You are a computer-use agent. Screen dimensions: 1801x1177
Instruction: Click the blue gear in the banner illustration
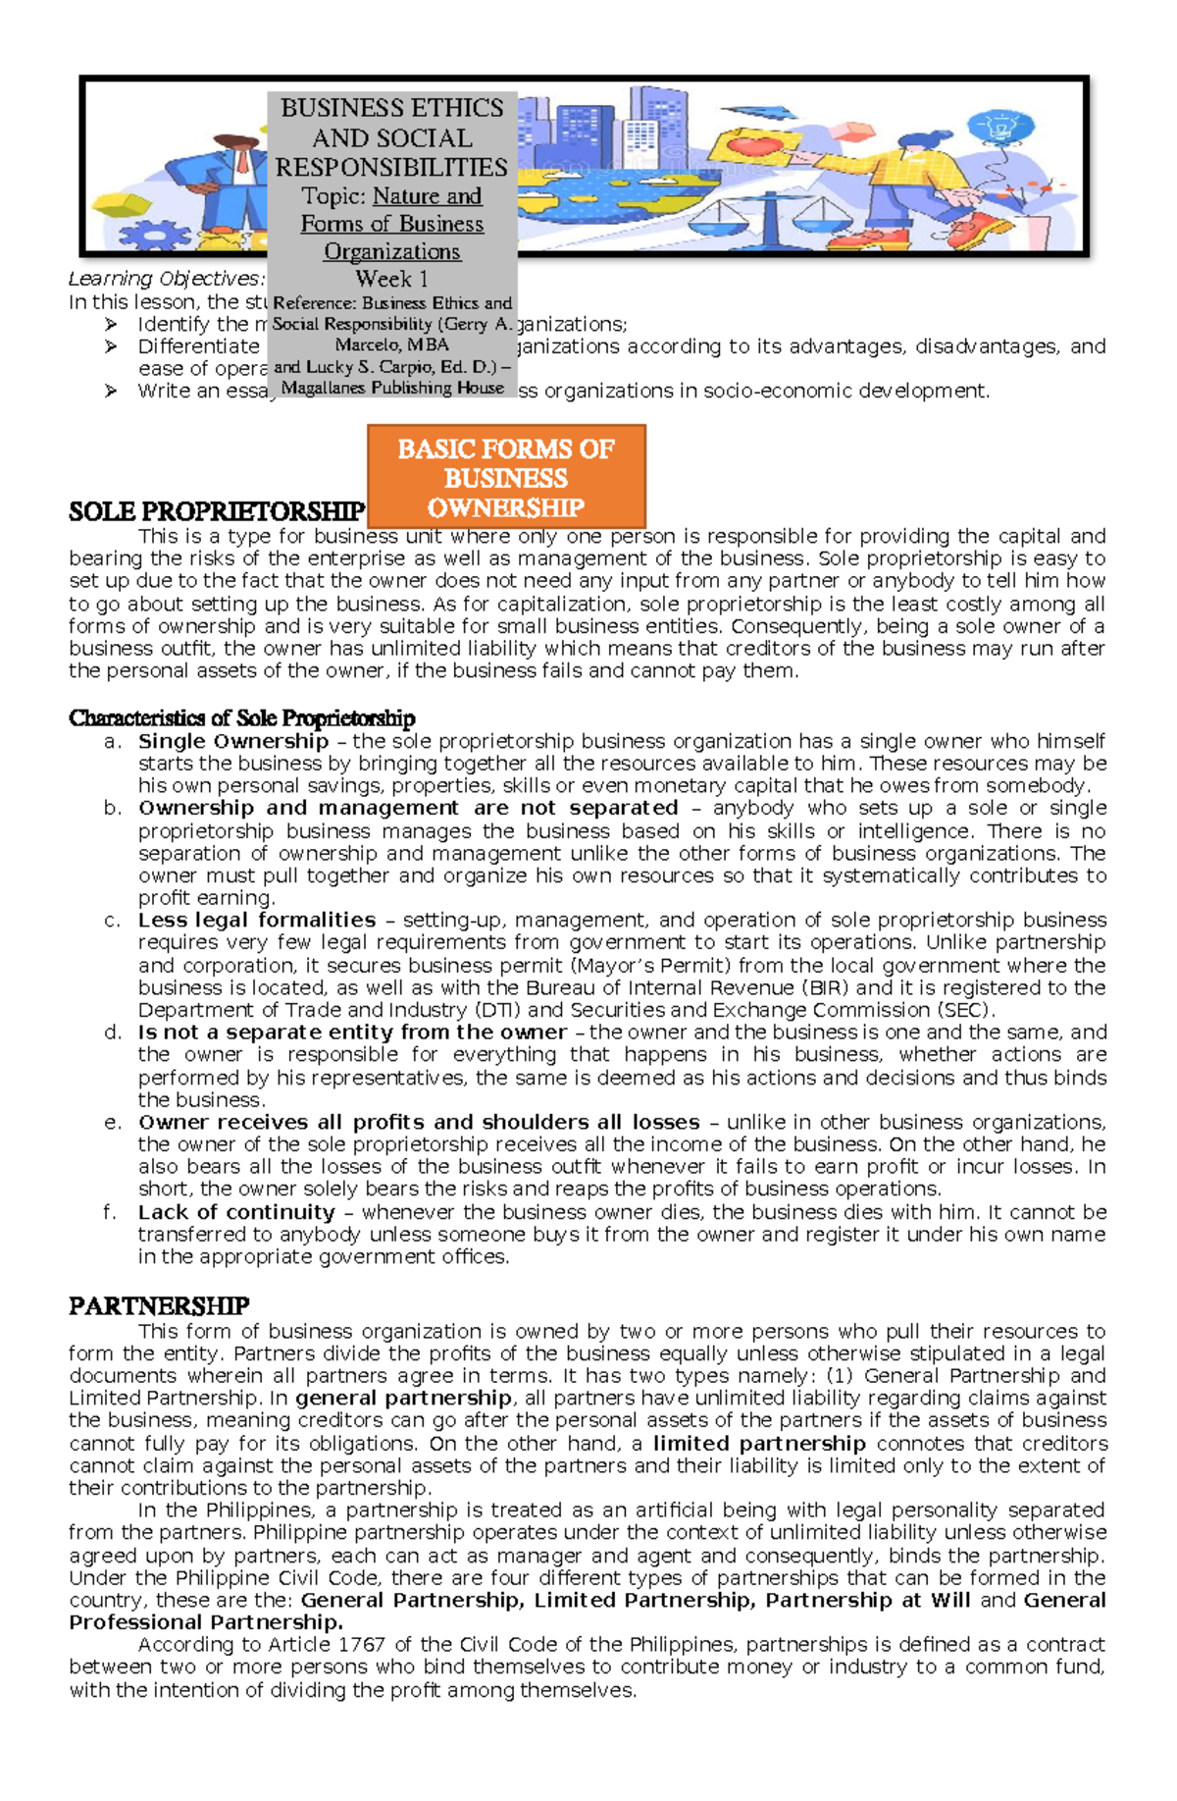point(152,237)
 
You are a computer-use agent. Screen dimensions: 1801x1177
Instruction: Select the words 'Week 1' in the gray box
point(391,279)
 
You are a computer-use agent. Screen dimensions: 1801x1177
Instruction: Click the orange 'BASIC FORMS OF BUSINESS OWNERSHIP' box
point(505,477)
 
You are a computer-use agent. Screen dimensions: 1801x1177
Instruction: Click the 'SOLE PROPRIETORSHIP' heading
point(217,511)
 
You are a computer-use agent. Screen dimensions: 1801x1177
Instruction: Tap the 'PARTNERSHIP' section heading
point(159,1305)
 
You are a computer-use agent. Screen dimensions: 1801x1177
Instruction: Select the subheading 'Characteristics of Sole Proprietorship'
point(242,718)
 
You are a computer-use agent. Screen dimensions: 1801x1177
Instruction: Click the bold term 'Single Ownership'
point(232,741)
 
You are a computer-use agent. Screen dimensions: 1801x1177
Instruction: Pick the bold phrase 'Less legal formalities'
point(257,920)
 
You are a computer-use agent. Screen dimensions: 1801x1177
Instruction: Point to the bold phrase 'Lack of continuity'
point(236,1212)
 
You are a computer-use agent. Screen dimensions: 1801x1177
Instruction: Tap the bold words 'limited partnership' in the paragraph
point(759,1444)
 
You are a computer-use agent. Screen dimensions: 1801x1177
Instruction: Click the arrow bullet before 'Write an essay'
point(111,391)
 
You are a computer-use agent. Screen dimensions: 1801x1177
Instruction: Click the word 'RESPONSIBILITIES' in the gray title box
point(391,167)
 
